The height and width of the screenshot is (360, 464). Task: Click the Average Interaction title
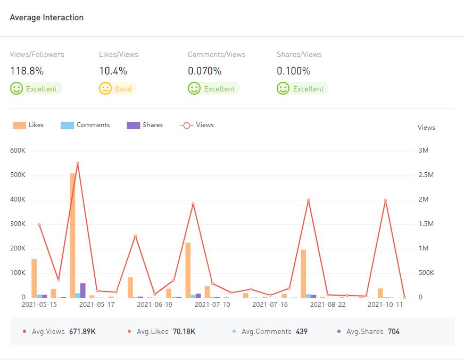point(47,18)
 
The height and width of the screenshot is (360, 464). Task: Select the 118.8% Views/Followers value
point(27,71)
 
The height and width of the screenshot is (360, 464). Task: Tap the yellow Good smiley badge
point(118,89)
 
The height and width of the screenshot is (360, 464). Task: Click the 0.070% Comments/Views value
point(204,71)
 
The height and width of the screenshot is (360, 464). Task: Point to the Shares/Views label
point(299,54)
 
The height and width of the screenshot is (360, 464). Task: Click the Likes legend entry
point(29,125)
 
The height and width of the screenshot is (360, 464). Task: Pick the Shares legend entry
point(145,125)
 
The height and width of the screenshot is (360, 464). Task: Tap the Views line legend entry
point(197,125)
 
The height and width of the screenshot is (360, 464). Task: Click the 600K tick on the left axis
point(18,150)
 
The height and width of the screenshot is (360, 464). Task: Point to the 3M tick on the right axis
point(424,150)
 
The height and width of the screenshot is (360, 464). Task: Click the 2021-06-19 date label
point(154,305)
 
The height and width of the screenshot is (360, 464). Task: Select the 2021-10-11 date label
point(385,305)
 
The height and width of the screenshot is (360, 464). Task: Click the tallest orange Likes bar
point(72,234)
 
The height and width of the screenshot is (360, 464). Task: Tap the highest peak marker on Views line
point(78,163)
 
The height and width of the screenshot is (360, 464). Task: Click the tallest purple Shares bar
point(83,290)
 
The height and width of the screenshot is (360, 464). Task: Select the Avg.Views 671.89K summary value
point(82,331)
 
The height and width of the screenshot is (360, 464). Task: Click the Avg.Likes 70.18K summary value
point(184,331)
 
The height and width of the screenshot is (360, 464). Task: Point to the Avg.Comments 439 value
point(302,331)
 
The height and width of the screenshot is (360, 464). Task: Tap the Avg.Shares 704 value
point(394,331)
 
